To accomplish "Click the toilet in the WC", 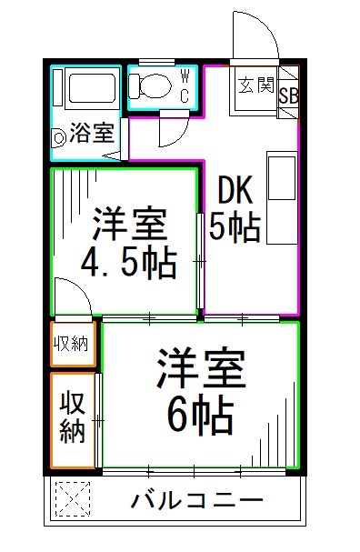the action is [150, 86].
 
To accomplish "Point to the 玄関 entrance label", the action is [256, 86].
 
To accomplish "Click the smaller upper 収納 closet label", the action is [72, 344].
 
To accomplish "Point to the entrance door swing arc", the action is [251, 32].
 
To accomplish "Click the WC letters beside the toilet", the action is [185, 85].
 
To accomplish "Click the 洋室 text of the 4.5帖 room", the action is [127, 222].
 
